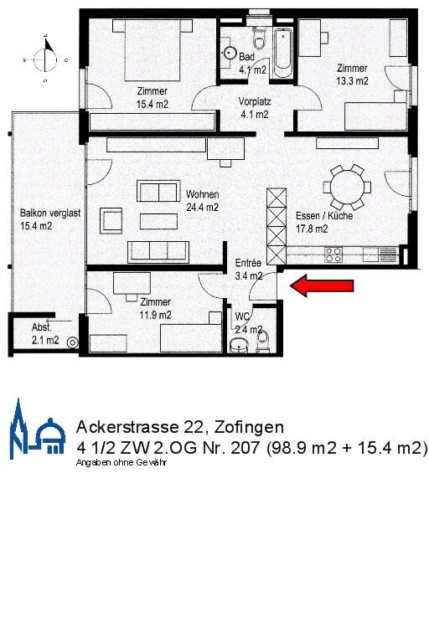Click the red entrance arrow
pyautogui.click(x=323, y=287)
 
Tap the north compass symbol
pyautogui.click(x=43, y=59)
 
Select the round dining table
pyautogui.click(x=347, y=188)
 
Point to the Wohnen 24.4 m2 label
pyautogui.click(x=202, y=201)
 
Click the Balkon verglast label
pyautogui.click(x=49, y=219)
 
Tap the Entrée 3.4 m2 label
pyautogui.click(x=248, y=268)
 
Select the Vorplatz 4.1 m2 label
pyautogui.click(x=254, y=107)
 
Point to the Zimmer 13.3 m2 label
pyautogui.click(x=353, y=75)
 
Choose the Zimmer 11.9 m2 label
pyautogui.click(x=156, y=309)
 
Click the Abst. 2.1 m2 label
pyautogui.click(x=44, y=334)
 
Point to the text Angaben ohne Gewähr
pyautogui.click(x=121, y=462)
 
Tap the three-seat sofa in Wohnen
pyautogui.click(x=158, y=250)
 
